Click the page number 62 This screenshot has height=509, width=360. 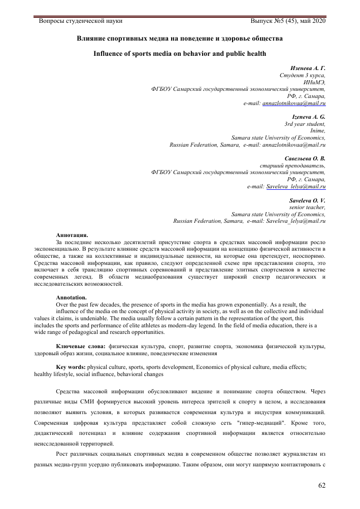pyautogui.click(x=321, y=485)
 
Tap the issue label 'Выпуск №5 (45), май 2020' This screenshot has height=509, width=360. pyautogui.click(x=288, y=21)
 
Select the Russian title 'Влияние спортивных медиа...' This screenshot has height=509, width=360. pyautogui.click(x=180, y=38)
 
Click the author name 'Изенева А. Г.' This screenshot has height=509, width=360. pyautogui.click(x=308, y=68)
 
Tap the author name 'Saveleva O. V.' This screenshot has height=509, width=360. pyautogui.click(x=307, y=200)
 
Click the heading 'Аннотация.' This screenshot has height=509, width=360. pyautogui.click(x=72, y=234)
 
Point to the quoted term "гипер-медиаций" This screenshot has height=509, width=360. pyautogui.click(x=260, y=423)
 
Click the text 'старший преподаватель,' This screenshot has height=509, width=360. pyautogui.click(x=292, y=165)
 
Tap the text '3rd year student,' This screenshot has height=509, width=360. pyautogui.click(x=305, y=124)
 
